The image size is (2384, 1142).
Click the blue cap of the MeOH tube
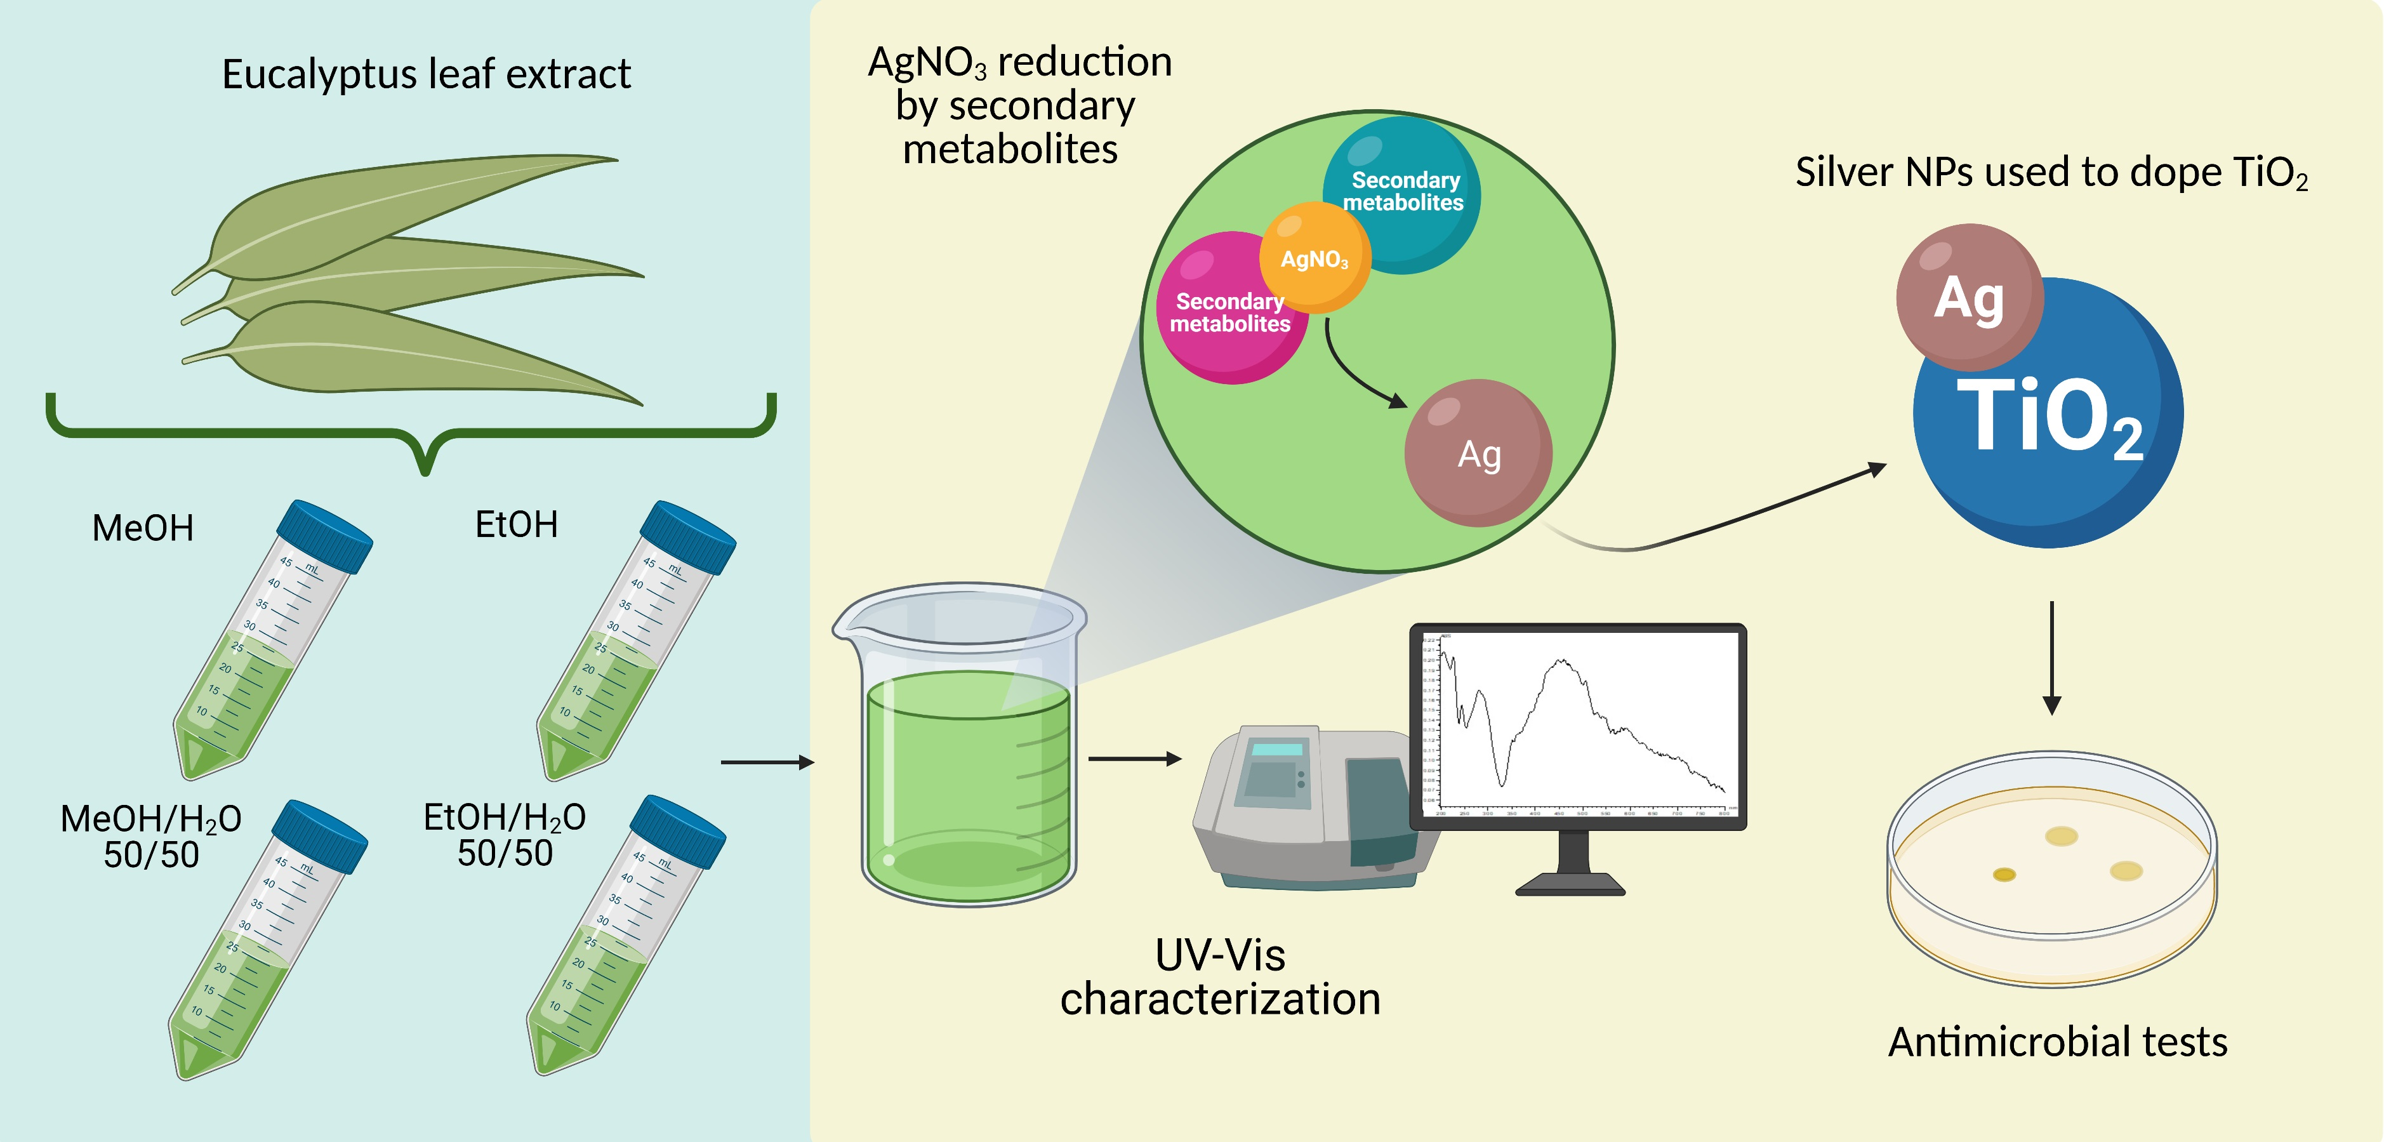tap(326, 535)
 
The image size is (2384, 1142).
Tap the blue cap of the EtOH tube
tap(689, 536)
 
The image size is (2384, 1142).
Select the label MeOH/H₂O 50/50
tap(151, 835)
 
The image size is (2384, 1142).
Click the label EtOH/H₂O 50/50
tap(505, 835)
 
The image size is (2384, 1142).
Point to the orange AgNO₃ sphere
tap(1314, 257)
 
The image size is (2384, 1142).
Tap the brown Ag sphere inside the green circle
tap(1478, 453)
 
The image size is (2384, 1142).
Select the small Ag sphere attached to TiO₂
tap(1968, 296)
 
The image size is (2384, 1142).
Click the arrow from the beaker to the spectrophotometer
tap(1135, 759)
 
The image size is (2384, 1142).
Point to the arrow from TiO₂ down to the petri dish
tap(2052, 657)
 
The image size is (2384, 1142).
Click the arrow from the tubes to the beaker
tap(766, 762)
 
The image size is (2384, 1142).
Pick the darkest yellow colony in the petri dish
tap(2004, 875)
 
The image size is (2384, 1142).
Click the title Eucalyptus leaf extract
tap(426, 74)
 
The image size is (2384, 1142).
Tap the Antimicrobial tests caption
tap(2057, 1042)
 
